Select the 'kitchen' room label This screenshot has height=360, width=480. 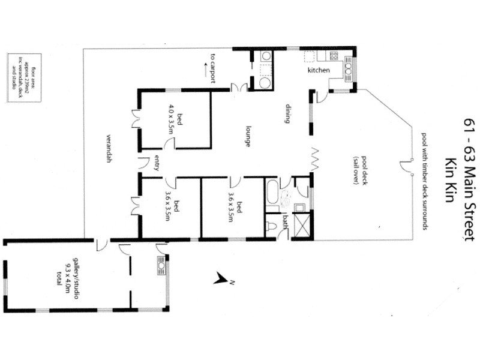[319, 71]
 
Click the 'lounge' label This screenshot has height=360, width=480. [247, 136]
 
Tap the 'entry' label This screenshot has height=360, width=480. [157, 163]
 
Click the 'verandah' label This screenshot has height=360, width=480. [110, 149]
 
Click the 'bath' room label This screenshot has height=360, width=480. [286, 225]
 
